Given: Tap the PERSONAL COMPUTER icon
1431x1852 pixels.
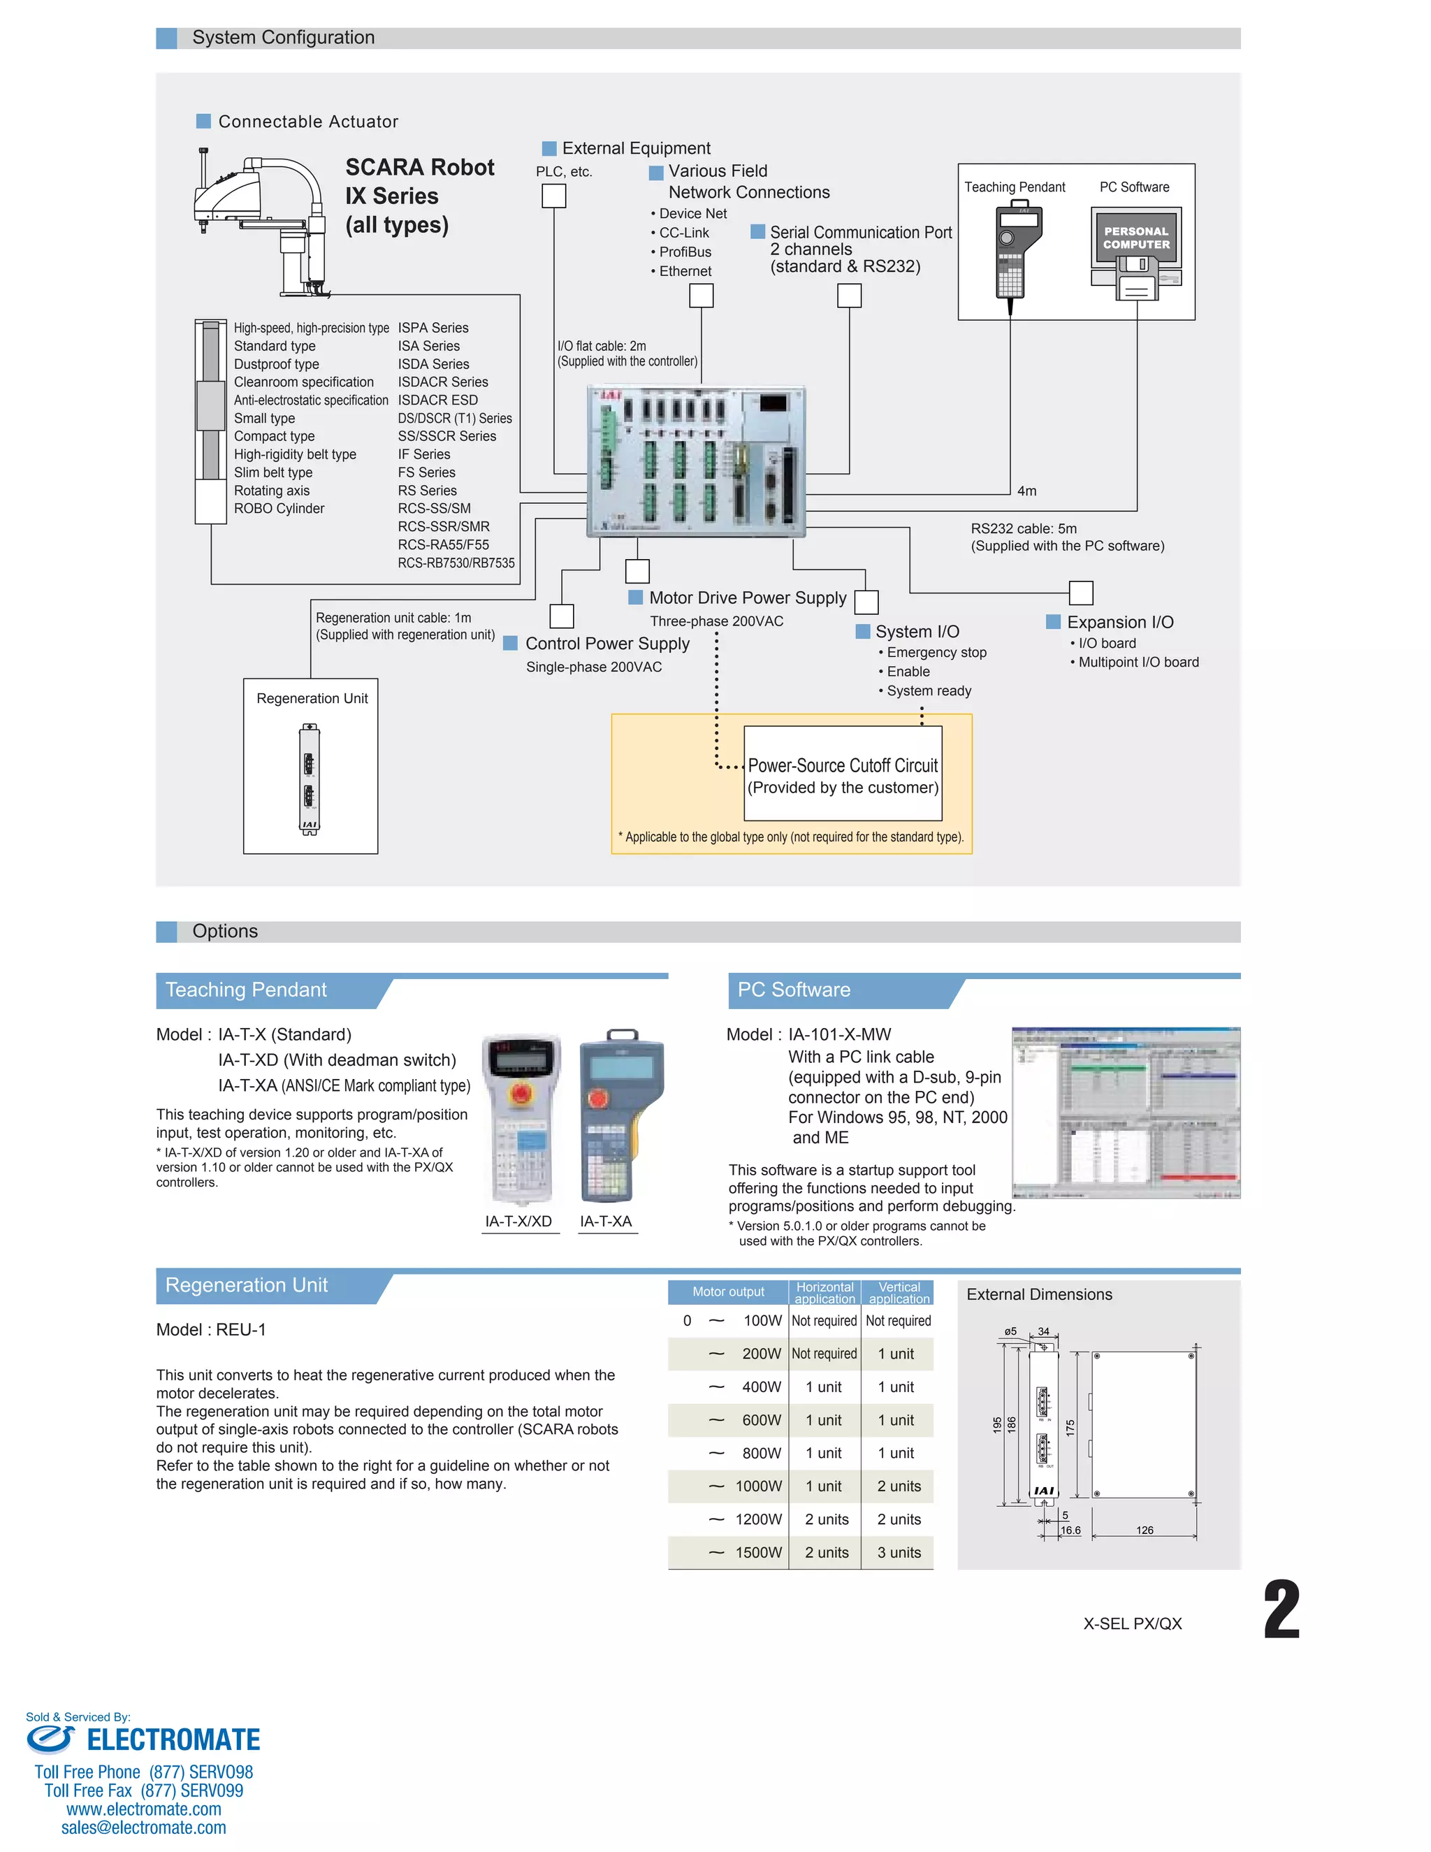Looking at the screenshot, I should click(1136, 253).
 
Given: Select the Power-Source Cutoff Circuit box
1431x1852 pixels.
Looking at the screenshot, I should click(843, 774).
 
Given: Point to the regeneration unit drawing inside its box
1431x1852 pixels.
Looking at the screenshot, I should click(310, 779).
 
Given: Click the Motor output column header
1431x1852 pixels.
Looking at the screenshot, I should click(727, 1292).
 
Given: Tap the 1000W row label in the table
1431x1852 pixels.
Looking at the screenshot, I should click(758, 1486).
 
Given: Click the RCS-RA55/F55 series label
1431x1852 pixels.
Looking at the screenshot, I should click(444, 545).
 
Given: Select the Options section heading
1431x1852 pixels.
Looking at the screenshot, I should click(225, 931).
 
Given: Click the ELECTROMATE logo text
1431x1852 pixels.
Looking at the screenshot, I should click(173, 1740).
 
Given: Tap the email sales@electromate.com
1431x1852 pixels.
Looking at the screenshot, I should click(143, 1828).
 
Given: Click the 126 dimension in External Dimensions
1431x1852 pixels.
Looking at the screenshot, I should click(1145, 1531).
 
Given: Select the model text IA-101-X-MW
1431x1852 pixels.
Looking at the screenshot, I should click(839, 1034).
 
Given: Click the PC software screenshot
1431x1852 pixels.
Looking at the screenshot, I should click(1126, 1113).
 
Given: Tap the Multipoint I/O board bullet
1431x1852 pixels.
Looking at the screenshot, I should click(1138, 663).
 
